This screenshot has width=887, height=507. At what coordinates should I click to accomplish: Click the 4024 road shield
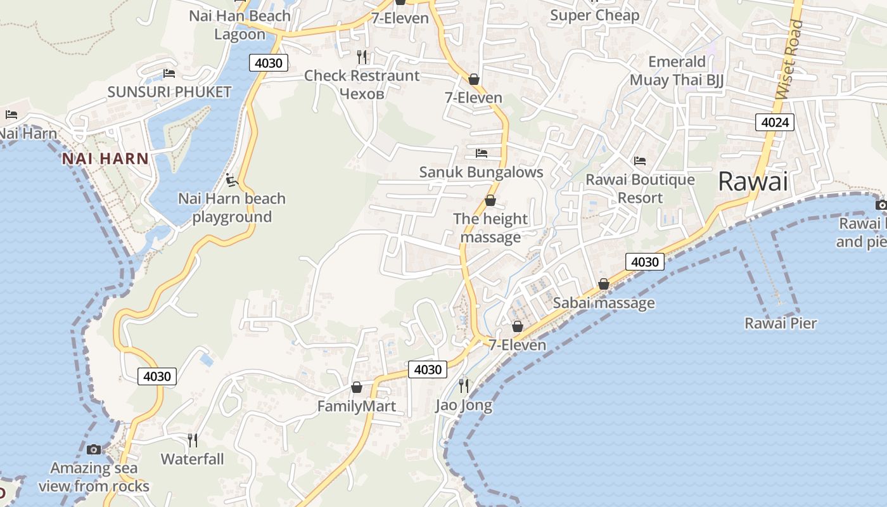[775, 122]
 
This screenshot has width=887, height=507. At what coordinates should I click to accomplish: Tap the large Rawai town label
[753, 183]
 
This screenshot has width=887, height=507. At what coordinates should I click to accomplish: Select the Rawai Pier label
[781, 323]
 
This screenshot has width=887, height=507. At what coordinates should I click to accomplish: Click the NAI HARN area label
[105, 159]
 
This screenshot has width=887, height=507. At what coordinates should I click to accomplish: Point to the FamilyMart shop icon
[357, 387]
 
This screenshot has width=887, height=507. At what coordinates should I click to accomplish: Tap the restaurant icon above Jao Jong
[464, 385]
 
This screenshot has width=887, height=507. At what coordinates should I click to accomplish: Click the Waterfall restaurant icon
[193, 439]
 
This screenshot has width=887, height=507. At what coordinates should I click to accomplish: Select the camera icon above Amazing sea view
[94, 449]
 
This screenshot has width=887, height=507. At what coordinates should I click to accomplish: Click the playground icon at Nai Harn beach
[232, 181]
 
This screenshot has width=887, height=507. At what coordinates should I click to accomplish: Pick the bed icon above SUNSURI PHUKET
[169, 74]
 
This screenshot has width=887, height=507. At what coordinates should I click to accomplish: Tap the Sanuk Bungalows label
[482, 172]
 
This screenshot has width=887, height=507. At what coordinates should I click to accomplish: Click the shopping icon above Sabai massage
[604, 284]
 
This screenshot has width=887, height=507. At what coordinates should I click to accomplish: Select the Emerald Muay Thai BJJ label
[677, 71]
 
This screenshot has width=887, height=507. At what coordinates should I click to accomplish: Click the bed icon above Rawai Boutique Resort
[640, 161]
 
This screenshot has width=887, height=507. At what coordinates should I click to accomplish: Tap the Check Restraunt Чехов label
[362, 84]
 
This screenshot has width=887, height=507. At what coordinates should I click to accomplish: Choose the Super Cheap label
[594, 15]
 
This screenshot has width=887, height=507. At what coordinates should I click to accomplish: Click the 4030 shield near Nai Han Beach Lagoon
[269, 63]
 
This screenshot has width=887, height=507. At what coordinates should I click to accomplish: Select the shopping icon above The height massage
[490, 201]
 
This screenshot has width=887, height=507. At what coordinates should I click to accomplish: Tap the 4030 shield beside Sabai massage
[645, 262]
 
